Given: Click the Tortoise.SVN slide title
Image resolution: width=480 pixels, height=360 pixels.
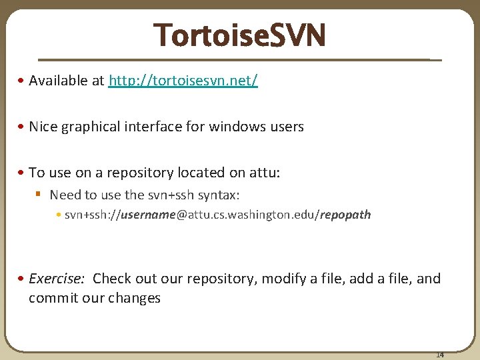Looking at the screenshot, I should tap(239, 35).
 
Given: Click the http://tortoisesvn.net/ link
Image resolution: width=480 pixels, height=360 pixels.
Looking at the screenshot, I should tap(183, 81).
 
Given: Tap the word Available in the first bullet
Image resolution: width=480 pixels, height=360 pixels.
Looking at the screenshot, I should tap(58, 81).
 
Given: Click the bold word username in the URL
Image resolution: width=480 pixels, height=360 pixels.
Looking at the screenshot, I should tap(145, 215).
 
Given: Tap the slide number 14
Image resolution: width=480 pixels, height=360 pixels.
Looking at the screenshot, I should tap(440, 355).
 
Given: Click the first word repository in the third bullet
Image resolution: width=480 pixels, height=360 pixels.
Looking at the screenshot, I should tap(142, 173).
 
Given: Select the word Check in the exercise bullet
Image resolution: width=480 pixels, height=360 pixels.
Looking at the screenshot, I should tap(111, 279).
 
